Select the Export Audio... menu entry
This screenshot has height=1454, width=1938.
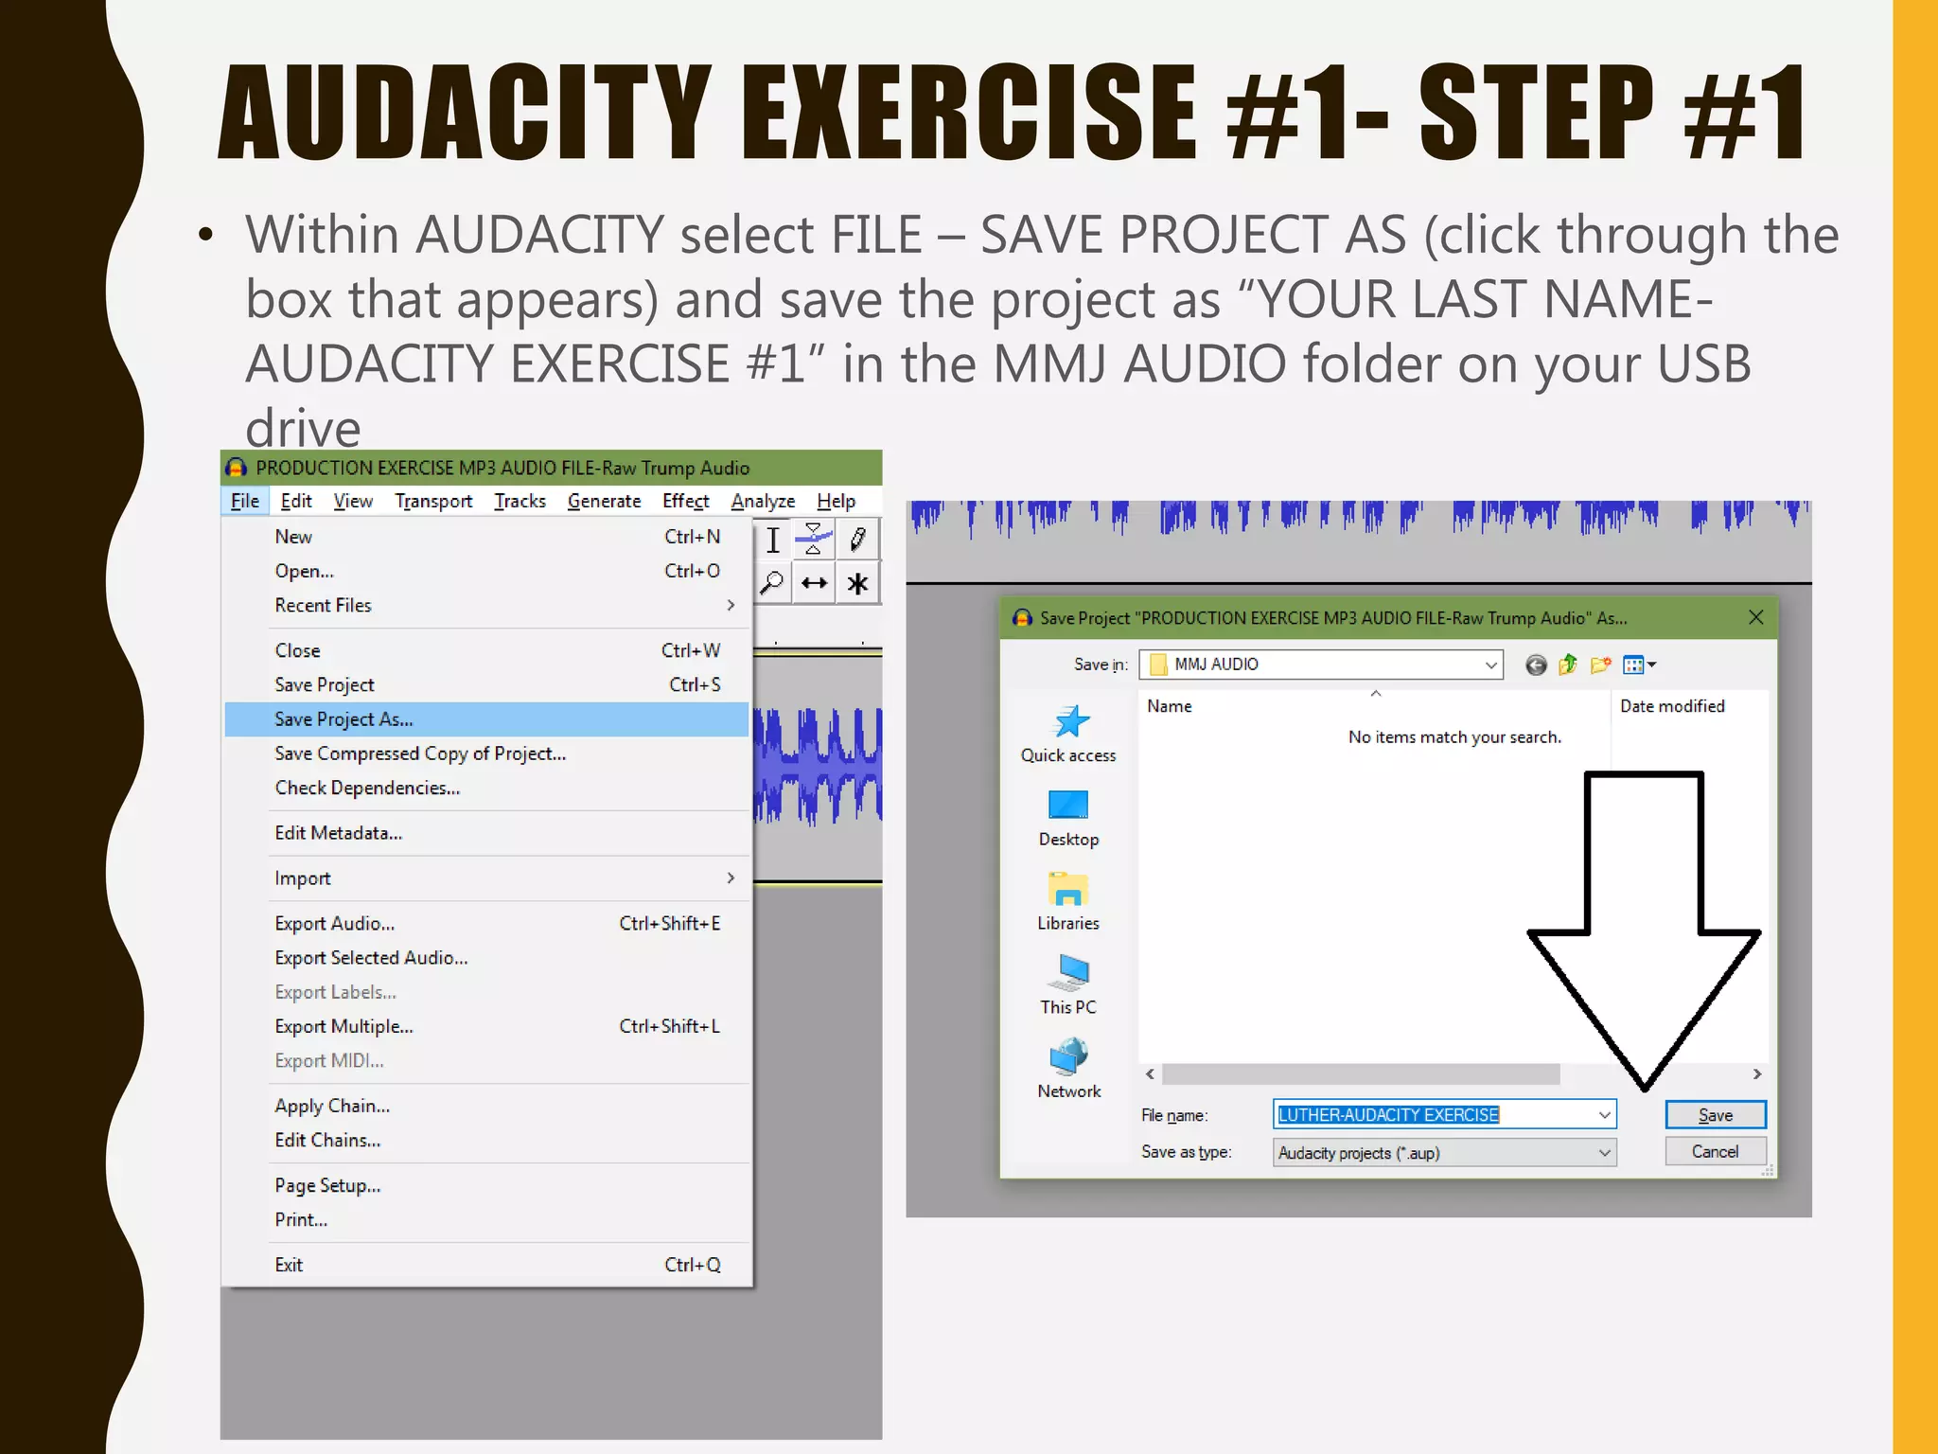335,924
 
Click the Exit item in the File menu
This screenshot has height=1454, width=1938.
290,1266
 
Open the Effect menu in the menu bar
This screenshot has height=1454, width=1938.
685,501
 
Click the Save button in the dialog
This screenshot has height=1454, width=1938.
1715,1115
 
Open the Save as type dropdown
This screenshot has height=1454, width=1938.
1444,1153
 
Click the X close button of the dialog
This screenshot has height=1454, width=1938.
1756,617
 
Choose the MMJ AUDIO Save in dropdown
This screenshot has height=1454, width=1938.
1321,665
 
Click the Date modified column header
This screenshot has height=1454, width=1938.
1672,706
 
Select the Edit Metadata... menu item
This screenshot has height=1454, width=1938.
339,833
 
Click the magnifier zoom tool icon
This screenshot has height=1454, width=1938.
772,582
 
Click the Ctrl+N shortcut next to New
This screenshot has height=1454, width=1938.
692,537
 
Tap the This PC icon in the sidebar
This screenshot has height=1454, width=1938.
1069,975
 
